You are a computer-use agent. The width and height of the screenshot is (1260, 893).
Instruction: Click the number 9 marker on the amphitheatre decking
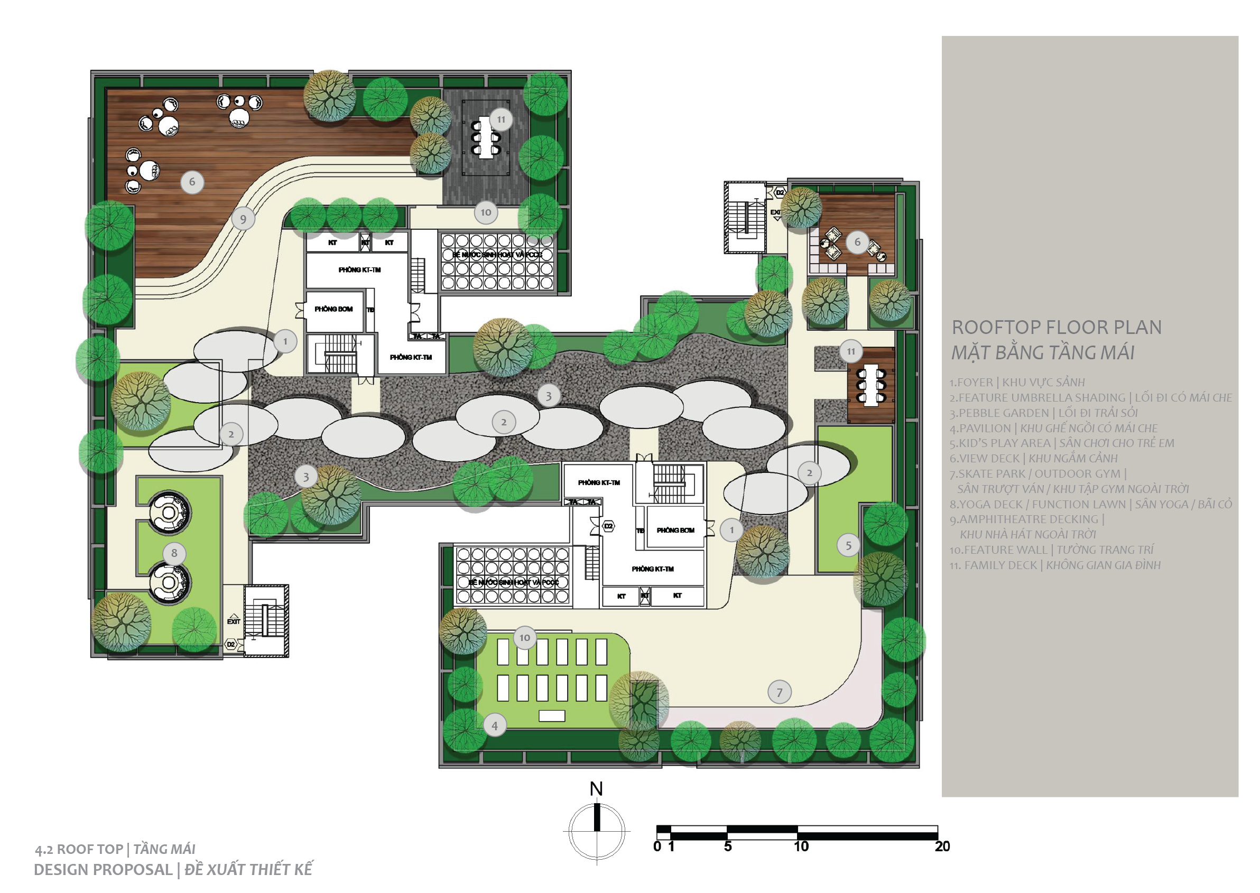click(x=243, y=219)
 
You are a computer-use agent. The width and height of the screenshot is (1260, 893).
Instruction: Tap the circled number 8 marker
click(x=174, y=553)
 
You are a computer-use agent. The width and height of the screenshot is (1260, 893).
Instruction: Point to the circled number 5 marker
click(x=848, y=545)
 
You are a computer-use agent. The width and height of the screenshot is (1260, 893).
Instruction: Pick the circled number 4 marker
click(x=494, y=726)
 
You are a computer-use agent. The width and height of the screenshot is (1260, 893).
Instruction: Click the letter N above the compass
click(x=596, y=789)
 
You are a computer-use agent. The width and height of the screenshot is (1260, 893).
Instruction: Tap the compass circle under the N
click(x=597, y=831)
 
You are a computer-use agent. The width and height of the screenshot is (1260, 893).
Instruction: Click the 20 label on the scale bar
click(x=942, y=847)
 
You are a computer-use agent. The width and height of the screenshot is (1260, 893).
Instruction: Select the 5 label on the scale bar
click(x=728, y=847)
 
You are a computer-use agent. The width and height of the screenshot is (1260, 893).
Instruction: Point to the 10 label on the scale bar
click(x=801, y=847)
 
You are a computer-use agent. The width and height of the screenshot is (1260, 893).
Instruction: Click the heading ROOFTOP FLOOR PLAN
click(x=1057, y=327)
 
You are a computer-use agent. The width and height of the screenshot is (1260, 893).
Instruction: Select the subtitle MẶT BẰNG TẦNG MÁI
click(x=1043, y=353)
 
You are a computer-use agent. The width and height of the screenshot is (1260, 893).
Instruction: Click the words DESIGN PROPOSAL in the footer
click(x=103, y=870)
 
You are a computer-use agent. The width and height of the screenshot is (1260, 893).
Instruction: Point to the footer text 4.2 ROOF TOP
click(x=79, y=850)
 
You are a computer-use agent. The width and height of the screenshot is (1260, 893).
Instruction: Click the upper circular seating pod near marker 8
click(x=170, y=513)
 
